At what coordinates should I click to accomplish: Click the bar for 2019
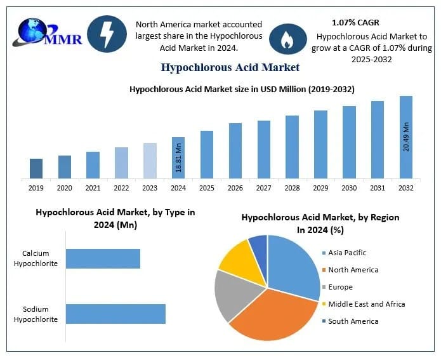36,168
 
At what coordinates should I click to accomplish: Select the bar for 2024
178,157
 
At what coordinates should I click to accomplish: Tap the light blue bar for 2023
150,161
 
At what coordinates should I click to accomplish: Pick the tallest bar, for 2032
405,137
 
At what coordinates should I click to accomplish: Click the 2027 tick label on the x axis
264,188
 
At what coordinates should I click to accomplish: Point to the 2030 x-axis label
349,188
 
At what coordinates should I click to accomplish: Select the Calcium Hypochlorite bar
103,258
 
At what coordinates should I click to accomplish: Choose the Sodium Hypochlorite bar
115,314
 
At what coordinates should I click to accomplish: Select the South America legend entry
353,321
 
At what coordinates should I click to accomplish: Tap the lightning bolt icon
106,34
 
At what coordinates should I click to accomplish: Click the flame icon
284,39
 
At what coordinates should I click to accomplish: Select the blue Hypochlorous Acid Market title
230,67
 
